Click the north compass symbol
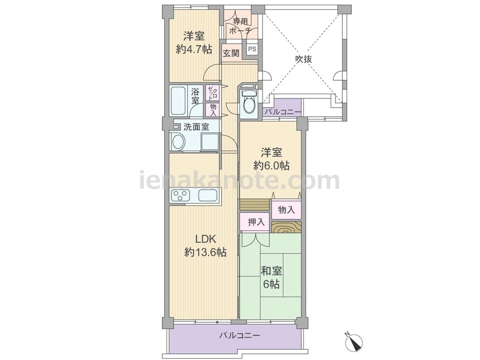[x=354, y=341]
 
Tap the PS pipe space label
[x=252, y=49]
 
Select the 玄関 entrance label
[x=231, y=53]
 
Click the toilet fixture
[x=248, y=102]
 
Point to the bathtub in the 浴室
[x=179, y=100]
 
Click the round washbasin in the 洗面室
[x=178, y=142]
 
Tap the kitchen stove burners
[x=181, y=195]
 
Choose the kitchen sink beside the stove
[x=208, y=195]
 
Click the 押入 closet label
[x=256, y=222]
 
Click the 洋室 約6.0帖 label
[x=271, y=159]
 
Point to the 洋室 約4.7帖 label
[x=193, y=42]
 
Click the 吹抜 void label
[x=303, y=59]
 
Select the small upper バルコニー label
[x=282, y=112]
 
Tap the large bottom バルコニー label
[x=240, y=336]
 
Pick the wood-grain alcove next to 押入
[x=287, y=227]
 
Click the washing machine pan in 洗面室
[x=210, y=142]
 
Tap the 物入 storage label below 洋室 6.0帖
[x=287, y=209]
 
